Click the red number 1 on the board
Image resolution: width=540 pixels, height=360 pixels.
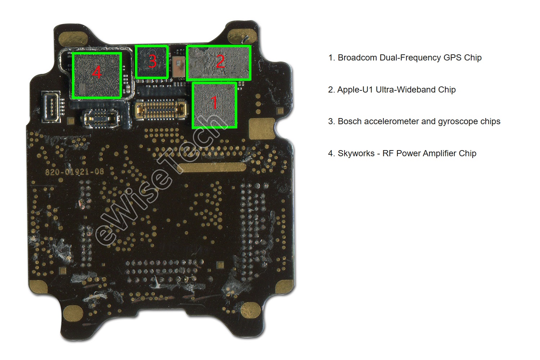214,103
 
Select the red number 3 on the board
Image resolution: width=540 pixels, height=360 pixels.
152,61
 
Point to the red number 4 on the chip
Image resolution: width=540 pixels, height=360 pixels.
96,73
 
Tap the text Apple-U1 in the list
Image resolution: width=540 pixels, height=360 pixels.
355,90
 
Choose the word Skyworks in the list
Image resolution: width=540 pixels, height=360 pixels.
356,153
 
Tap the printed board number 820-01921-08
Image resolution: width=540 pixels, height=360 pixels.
75,172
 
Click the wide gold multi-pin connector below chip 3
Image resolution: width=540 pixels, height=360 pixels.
161,110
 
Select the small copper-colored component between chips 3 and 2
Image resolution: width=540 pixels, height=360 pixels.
178,67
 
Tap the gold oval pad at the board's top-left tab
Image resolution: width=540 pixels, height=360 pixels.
74,39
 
